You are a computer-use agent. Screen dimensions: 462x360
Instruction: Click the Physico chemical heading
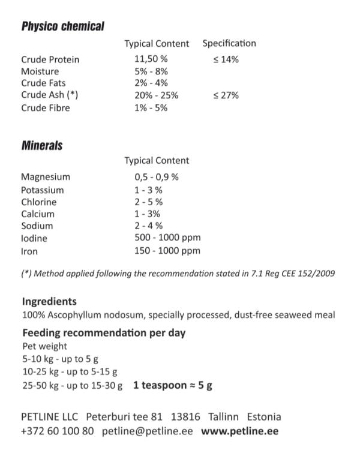[x=63, y=26]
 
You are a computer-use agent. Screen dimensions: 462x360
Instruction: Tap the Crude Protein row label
[x=50, y=59]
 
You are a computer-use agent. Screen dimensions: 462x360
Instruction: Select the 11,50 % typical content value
[x=151, y=59]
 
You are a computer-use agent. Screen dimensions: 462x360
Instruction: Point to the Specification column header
[x=229, y=43]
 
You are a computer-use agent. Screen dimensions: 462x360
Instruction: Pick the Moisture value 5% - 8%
[x=151, y=71]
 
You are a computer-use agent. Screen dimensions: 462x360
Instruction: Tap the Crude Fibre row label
[x=46, y=108]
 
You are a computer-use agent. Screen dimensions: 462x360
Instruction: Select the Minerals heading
[x=42, y=145]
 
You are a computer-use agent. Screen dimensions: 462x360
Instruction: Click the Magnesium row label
[x=46, y=177]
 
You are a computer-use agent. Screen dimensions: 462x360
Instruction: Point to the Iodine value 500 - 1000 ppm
[x=167, y=238]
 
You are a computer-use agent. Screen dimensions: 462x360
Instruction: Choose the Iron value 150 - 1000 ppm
[x=167, y=251]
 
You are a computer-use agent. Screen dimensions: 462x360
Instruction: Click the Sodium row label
[x=37, y=226]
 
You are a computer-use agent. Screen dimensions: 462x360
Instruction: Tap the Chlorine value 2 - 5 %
[x=148, y=202]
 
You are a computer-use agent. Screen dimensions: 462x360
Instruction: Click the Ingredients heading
[x=49, y=301]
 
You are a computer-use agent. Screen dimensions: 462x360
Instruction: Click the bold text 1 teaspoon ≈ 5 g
[x=173, y=385]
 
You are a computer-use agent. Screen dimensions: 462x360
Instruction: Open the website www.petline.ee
[x=239, y=431]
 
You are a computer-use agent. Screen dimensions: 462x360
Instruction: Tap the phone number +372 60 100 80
[x=57, y=431]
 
